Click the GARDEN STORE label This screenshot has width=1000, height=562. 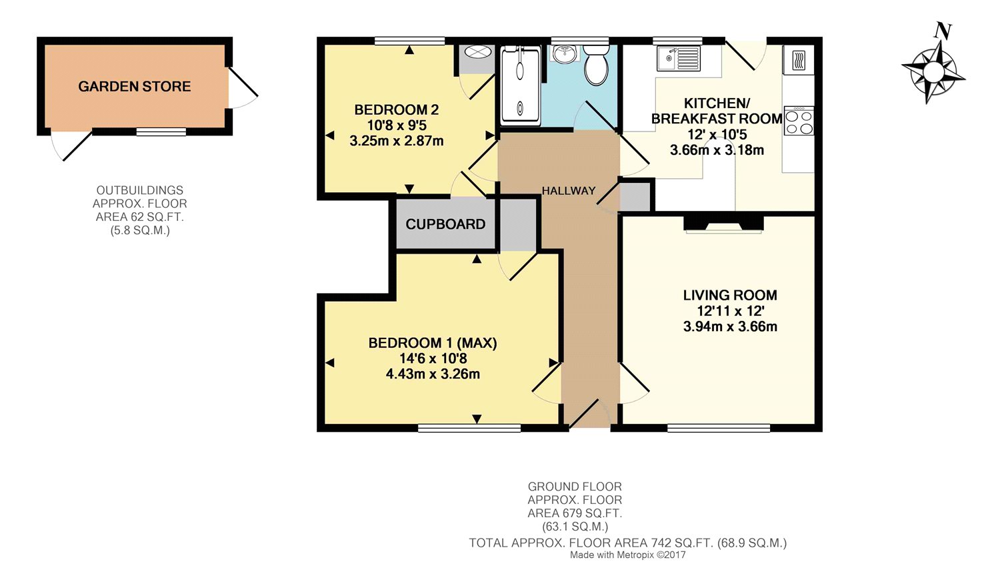135,86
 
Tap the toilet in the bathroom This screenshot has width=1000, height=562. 596,65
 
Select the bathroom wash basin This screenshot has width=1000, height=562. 565,53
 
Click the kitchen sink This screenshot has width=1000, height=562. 678,59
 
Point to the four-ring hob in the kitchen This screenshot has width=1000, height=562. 799,121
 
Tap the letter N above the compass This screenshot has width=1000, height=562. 943,31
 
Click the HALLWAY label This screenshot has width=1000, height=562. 568,191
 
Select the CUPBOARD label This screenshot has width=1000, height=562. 445,224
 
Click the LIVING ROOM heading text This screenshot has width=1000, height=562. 730,295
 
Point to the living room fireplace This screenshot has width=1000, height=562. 723,224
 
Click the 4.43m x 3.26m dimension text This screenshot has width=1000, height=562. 433,374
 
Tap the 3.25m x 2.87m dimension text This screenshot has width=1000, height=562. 397,141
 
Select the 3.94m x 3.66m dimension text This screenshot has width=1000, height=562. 730,326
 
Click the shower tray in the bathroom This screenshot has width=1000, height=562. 520,86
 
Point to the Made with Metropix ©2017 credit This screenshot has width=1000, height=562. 628,555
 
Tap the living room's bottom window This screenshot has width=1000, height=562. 719,428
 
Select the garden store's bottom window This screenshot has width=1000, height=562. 161,131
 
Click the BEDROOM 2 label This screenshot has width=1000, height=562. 397,109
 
